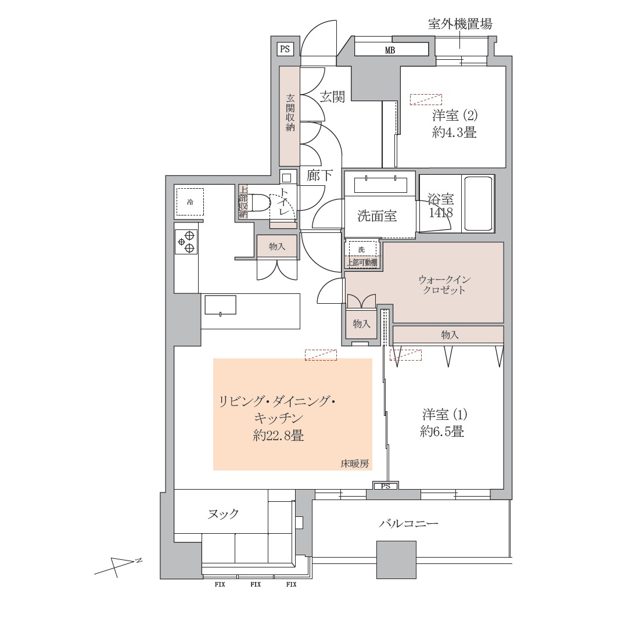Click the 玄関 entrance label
coord(332,96)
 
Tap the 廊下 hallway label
coord(319,175)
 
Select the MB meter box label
coord(390,50)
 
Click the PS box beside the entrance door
coord(285,49)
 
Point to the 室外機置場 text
coord(460,24)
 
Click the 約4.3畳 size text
coord(454,132)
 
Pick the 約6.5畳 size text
coord(442,432)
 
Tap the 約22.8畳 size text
coord(278,436)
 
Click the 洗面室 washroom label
coord(377,215)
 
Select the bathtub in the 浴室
coord(478,203)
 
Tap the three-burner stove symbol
coord(186,242)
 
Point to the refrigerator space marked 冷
coord(190,202)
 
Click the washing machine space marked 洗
coord(362,249)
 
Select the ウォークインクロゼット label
coord(444,285)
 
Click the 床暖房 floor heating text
coord(355,464)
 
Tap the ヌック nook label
coord(222,513)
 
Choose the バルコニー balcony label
coord(408,523)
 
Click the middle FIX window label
coord(256,584)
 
